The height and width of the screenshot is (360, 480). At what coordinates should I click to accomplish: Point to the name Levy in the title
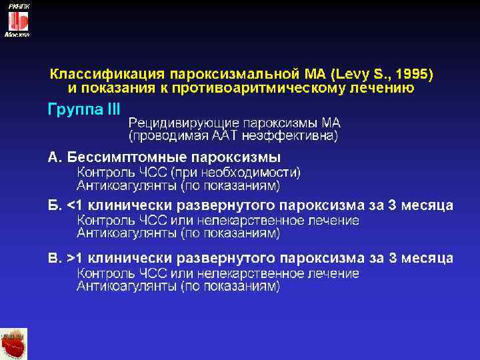354,72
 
